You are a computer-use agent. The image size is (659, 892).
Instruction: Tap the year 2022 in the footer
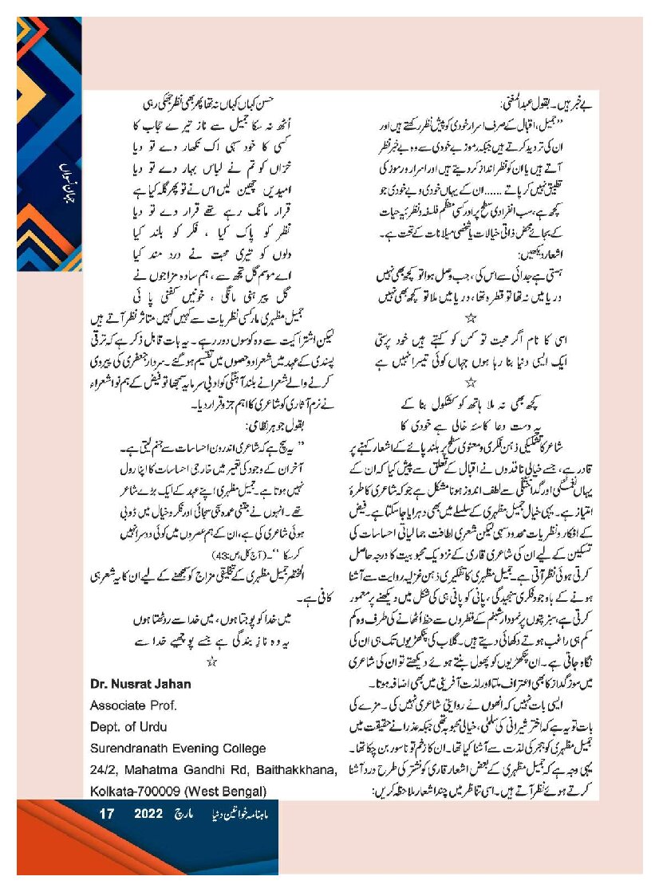[148, 815]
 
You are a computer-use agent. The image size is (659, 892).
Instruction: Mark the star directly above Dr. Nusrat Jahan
[211, 662]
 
